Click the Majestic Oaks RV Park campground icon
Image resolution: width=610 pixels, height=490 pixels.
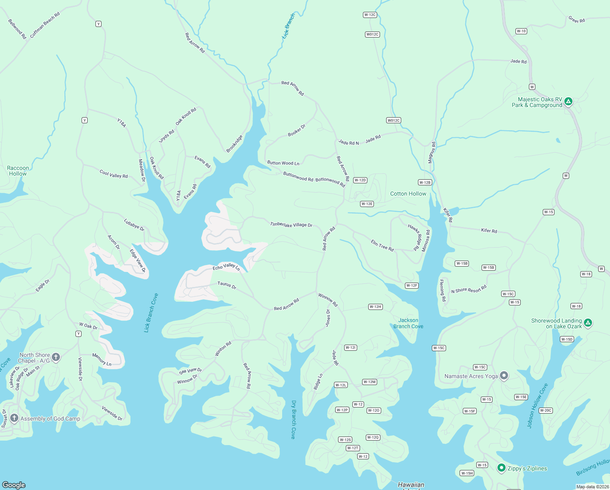[568, 101]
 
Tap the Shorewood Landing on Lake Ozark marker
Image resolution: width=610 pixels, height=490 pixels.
[588, 323]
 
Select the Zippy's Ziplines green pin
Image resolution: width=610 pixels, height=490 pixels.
[501, 468]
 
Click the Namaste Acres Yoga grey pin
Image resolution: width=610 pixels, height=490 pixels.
[504, 376]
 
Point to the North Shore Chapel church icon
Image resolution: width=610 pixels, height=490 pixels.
[56, 357]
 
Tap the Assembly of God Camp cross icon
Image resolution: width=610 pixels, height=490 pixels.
[14, 418]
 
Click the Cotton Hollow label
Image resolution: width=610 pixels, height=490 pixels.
[408, 194]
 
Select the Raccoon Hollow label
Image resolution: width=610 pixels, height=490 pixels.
[18, 171]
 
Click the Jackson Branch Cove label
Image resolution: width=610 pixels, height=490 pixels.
[408, 323]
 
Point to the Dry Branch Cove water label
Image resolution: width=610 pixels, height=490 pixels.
[293, 419]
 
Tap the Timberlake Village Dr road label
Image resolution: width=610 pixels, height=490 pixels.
[291, 225]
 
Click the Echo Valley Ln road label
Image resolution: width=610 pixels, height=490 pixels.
[226, 267]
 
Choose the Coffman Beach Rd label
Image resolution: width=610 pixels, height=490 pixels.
[45, 25]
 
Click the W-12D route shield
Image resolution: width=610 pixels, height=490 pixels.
[360, 180]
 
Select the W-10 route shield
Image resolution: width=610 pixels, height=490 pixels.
[521, 31]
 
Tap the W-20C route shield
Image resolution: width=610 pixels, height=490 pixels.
[546, 410]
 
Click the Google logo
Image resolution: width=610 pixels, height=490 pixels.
[14, 485]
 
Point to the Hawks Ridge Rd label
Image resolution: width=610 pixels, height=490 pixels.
[414, 237]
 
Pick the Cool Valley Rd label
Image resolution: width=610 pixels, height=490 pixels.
[114, 174]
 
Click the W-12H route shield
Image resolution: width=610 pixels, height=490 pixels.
[375, 307]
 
